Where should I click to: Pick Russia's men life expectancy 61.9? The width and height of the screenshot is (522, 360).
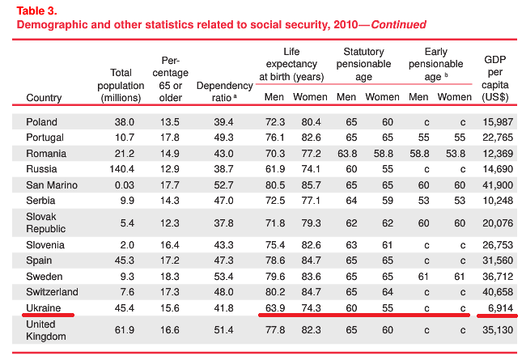pyautogui.click(x=274, y=169)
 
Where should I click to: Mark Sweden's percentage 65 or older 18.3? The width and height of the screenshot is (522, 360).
pyautogui.click(x=170, y=277)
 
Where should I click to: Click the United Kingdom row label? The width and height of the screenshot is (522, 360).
pyautogui.click(x=48, y=330)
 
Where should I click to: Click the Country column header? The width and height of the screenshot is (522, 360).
pyautogui.click(x=44, y=98)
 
